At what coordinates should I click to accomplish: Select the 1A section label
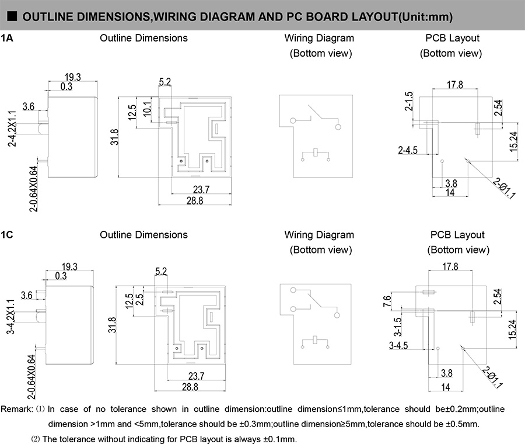[7, 38]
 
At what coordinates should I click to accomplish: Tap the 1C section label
[7, 234]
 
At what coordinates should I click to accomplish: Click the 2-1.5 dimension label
[408, 102]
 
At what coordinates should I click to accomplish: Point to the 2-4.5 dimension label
[408, 150]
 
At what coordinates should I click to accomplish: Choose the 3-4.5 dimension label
[399, 345]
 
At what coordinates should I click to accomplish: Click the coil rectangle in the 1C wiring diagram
[315, 341]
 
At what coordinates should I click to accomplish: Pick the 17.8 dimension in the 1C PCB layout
[450, 266]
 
